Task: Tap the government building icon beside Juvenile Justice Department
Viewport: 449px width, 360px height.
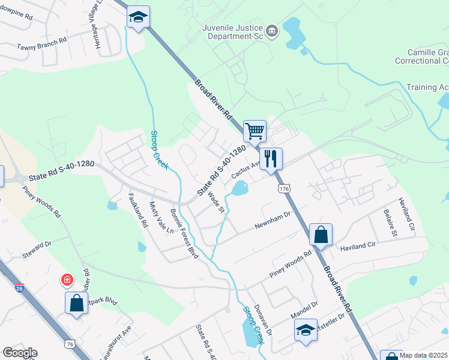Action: point(272,31)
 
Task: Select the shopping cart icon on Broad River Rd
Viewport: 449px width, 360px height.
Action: point(255,130)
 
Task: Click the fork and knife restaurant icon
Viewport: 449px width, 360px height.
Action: point(271,158)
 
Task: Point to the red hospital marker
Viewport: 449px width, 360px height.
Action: point(67,280)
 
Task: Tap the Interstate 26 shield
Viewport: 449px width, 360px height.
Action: point(19,289)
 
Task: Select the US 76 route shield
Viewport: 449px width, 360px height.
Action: point(70,343)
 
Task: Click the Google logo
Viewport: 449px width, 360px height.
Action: point(20,353)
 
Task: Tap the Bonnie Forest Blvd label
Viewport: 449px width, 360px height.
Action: point(184,233)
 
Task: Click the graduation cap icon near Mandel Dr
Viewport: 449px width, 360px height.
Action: point(306,330)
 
